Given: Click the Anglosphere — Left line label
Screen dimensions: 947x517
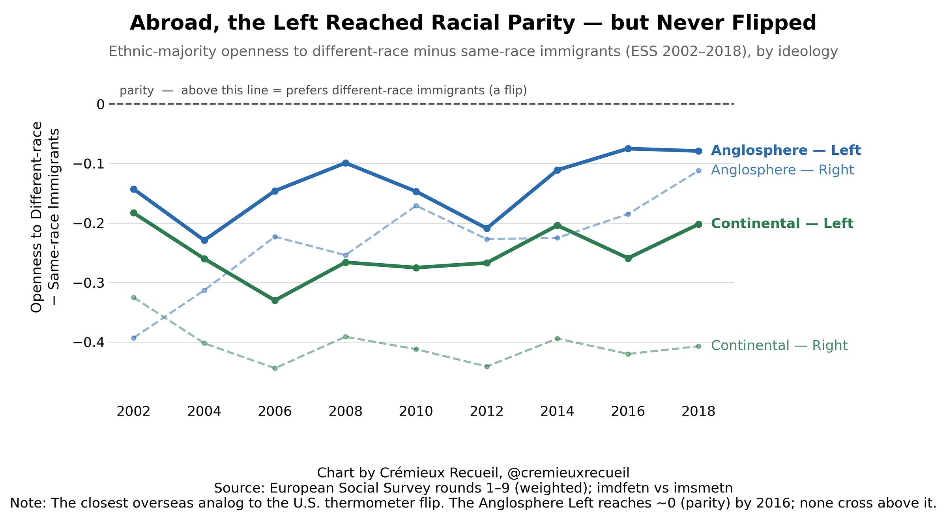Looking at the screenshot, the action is coord(786,150).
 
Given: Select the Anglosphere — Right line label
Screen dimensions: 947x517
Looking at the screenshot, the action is coord(782,170).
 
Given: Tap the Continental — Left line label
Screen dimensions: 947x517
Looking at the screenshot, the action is coord(782,224).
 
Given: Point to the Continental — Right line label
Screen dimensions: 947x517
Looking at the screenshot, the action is coord(779,346).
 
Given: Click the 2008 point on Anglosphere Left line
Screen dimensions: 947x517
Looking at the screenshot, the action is coord(346,163).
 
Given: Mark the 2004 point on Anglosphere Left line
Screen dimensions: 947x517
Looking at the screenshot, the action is coord(204,240).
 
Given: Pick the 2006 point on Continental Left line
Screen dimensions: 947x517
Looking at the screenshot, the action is coord(275,300).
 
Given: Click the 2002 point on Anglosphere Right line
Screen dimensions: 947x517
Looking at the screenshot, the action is coord(134,338).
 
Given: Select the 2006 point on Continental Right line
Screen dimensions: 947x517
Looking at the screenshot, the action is coord(275,369).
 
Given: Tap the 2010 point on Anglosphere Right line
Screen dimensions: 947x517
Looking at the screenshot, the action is coord(416,206).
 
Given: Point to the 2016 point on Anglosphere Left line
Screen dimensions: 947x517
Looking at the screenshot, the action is coord(628,148).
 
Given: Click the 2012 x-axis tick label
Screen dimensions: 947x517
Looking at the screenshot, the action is coord(487,412).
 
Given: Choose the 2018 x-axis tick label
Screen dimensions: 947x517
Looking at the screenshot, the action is coord(698,412).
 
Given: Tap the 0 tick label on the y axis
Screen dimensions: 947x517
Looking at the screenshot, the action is coord(101,105).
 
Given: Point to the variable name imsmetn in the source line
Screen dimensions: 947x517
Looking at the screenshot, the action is coord(705,488).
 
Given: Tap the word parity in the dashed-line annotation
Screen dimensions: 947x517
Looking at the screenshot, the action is coord(137,91).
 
